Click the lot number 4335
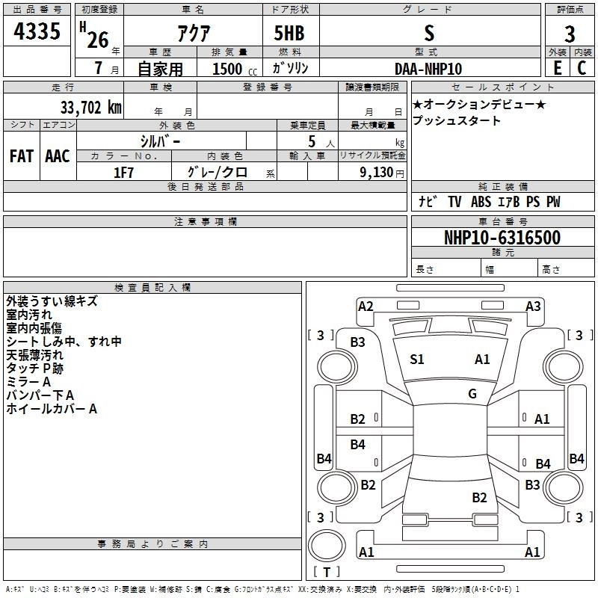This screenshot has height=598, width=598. point(37,31)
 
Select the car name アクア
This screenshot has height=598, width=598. point(194,33)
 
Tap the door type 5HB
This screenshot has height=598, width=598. point(289,33)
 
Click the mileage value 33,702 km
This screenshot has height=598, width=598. point(90,107)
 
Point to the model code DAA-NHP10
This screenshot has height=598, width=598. point(428,69)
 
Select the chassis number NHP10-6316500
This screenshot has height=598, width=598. point(502,238)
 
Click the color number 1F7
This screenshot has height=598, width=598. point(123,173)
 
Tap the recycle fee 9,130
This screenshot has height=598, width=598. point(376,172)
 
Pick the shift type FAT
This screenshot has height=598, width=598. point(22,156)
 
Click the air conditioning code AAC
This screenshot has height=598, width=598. point(58,156)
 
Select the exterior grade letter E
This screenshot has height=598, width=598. point(557,68)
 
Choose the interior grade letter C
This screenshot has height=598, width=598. point(582,68)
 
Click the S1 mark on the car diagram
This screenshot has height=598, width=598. point(417,359)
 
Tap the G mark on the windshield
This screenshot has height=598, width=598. point(472,393)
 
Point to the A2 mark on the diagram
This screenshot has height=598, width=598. point(366,306)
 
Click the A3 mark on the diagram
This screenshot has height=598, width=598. point(533,306)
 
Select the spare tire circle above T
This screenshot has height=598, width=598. point(327,546)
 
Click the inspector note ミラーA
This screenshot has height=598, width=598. point(28,381)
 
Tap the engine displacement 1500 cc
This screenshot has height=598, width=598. point(235,69)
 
